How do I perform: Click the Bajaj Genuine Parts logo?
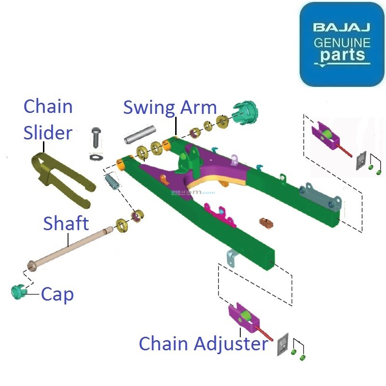pyautogui.click(x=342, y=44)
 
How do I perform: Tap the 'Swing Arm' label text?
pyautogui.click(x=170, y=107)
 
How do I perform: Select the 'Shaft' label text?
pyautogui.click(x=66, y=223)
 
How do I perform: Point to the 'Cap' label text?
pyautogui.click(x=57, y=293)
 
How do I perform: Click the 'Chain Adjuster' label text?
pyautogui.click(x=203, y=344)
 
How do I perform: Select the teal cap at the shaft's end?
pyautogui.click(x=18, y=292)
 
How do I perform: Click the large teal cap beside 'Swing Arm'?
pyautogui.click(x=246, y=113)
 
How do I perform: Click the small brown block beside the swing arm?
pyautogui.click(x=266, y=223)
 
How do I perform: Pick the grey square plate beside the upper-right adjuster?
pyautogui.click(x=360, y=162)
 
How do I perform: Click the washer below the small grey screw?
pyautogui.click(x=96, y=157)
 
